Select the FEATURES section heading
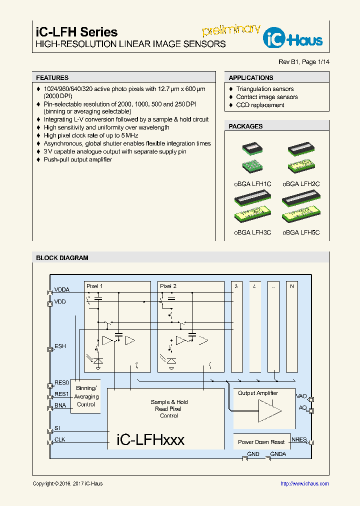click(x=52, y=78)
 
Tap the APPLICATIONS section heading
click(x=250, y=78)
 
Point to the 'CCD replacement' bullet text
click(x=260, y=105)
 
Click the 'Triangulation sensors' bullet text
click(x=265, y=89)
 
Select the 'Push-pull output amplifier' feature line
click(x=77, y=159)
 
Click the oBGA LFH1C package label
click(x=252, y=184)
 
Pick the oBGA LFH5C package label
click(x=300, y=232)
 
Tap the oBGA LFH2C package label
click(x=300, y=184)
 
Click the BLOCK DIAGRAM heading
click(x=62, y=258)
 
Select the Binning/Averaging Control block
click(x=86, y=396)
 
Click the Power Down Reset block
click(x=261, y=442)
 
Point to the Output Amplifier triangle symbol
click(x=269, y=410)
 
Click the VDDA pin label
click(x=62, y=289)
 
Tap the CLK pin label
click(x=59, y=440)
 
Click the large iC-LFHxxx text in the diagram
click(x=150, y=440)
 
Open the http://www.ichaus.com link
click(x=304, y=483)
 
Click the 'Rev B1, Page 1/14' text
click(x=304, y=62)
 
